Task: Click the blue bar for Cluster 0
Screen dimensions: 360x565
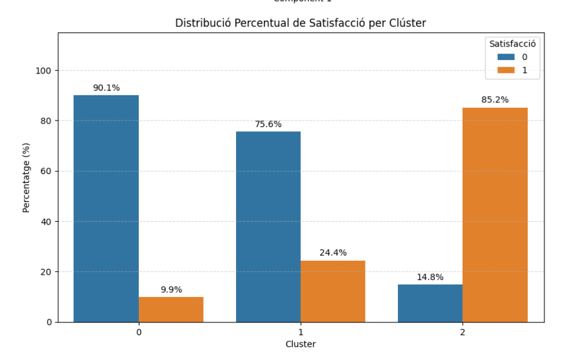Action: [106, 208]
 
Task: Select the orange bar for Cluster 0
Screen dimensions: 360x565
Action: [171, 309]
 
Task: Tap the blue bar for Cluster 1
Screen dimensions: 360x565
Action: [268, 226]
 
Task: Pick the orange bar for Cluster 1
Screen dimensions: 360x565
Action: [333, 291]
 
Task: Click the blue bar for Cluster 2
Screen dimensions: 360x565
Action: [430, 303]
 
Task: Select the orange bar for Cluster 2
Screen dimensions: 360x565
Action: [495, 215]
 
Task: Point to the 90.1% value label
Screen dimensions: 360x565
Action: [106, 88]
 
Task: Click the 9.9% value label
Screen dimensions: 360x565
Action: [171, 290]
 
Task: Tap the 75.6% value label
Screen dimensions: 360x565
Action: [268, 125]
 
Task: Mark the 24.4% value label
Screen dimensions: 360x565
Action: [333, 253]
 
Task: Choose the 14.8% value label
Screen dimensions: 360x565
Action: [430, 278]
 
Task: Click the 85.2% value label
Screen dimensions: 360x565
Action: [495, 100]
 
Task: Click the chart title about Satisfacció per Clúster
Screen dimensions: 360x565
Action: [301, 24]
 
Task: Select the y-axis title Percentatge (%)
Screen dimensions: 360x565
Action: [26, 177]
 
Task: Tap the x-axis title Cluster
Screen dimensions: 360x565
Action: [301, 344]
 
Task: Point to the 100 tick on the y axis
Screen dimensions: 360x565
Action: [44, 71]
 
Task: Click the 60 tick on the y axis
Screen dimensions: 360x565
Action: [46, 171]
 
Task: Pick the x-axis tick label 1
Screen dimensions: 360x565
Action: [301, 332]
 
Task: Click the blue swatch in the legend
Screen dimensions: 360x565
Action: [506, 57]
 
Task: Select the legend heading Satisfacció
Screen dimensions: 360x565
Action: [512, 44]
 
